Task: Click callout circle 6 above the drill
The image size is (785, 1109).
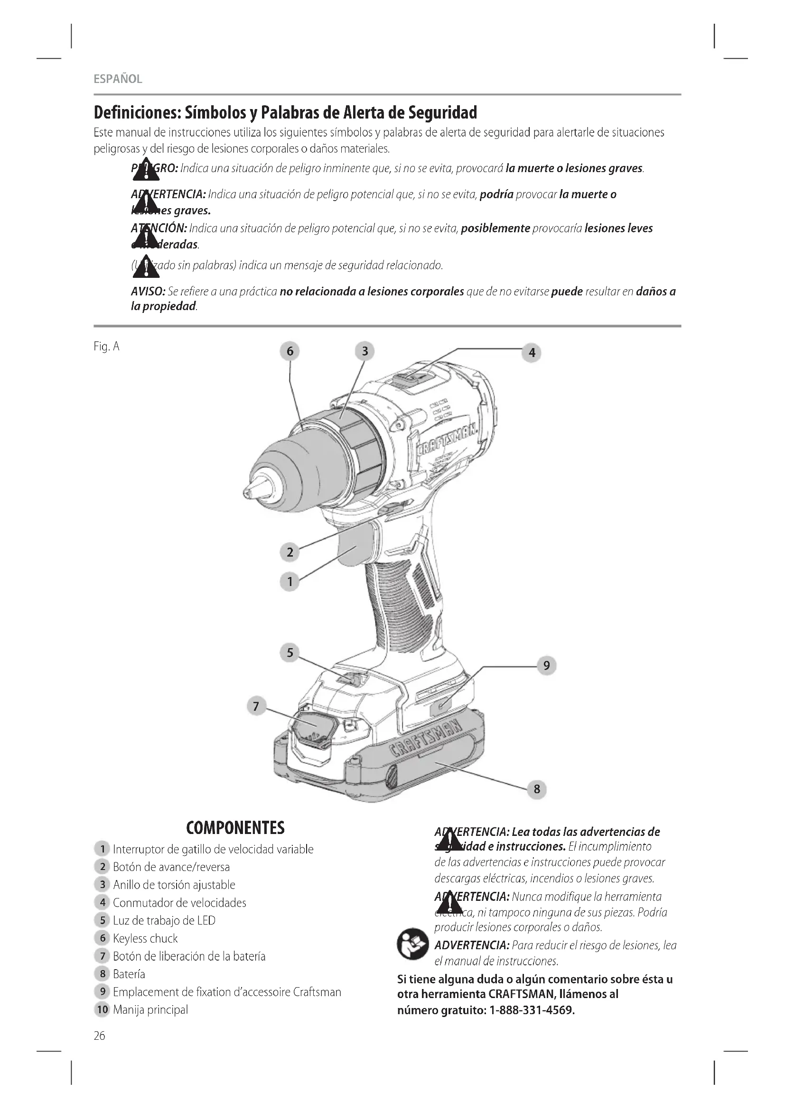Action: click(x=290, y=351)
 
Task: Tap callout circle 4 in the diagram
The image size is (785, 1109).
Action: click(x=532, y=353)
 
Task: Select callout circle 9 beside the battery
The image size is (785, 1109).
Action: click(x=546, y=666)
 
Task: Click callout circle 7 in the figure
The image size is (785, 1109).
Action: click(x=256, y=706)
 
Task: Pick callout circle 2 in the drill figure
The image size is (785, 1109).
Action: click(x=290, y=552)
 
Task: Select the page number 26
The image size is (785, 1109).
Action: click(x=100, y=1036)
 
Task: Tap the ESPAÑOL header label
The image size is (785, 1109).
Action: click(x=118, y=79)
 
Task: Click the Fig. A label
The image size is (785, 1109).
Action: click(x=106, y=346)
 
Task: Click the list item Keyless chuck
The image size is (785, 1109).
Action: click(x=145, y=938)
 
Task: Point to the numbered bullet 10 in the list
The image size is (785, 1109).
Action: click(x=102, y=1009)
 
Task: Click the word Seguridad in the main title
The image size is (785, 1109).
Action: click(x=442, y=113)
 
